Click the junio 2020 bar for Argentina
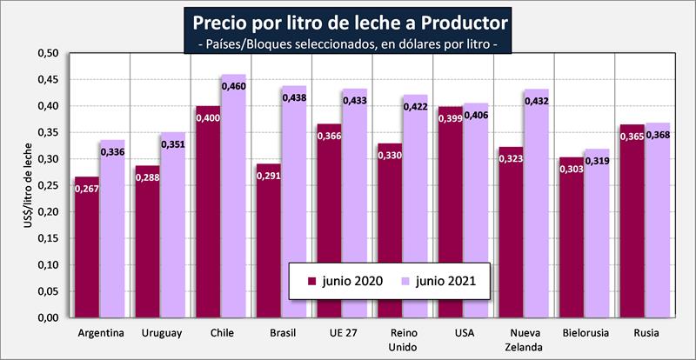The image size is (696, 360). pyautogui.click(x=86, y=252)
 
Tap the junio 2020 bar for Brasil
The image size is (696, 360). pyautogui.click(x=268, y=243)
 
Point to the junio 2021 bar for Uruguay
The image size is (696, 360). pyautogui.click(x=172, y=226)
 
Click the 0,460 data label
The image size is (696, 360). pyautogui.click(x=233, y=86)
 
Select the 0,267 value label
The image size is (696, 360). pyautogui.click(x=86, y=188)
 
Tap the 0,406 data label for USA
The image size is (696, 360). pyautogui.click(x=476, y=115)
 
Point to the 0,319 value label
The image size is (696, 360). pyautogui.click(x=596, y=161)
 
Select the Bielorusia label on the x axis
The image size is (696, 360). pyautogui.click(x=585, y=333)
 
